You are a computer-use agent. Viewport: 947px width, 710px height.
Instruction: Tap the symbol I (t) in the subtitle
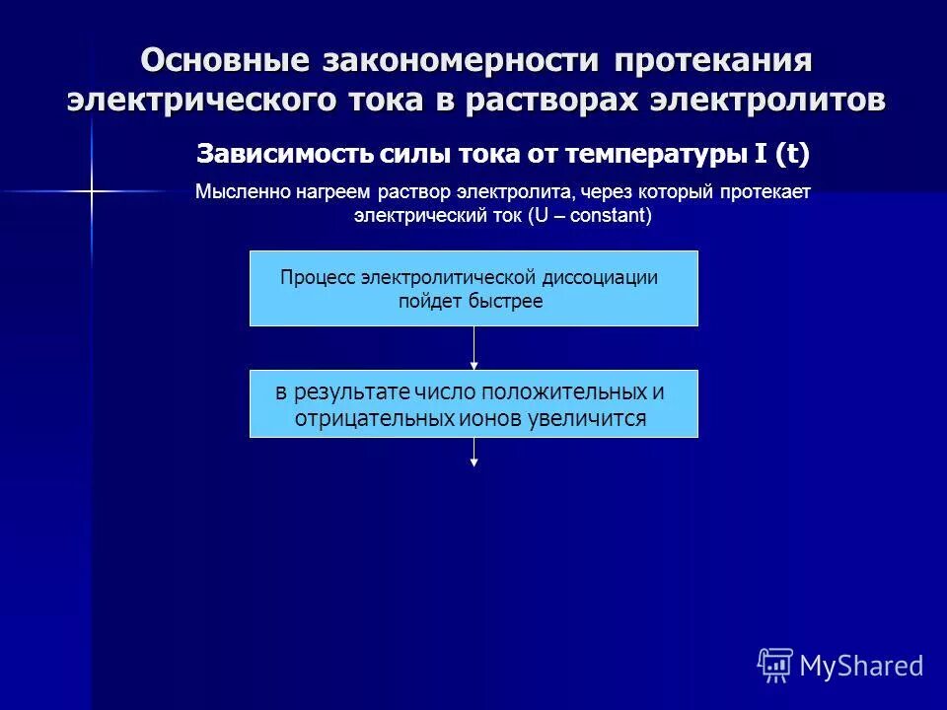780,155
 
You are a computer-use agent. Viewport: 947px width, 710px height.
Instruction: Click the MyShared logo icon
774,666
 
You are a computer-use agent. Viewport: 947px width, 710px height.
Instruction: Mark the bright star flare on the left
91,190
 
